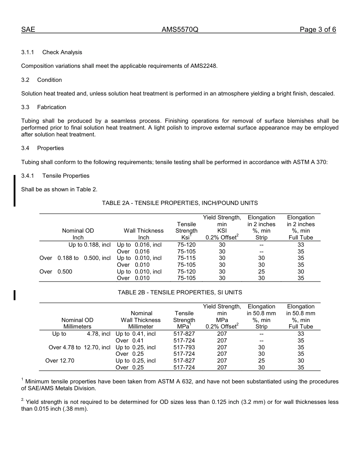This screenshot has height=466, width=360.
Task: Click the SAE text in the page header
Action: [x=28, y=30]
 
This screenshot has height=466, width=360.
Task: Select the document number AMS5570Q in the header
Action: [x=180, y=30]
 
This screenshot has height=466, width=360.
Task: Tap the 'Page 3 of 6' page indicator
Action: [x=318, y=30]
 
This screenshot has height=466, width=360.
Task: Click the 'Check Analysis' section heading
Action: [x=62, y=52]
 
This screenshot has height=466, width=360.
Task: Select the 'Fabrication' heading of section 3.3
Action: [x=52, y=107]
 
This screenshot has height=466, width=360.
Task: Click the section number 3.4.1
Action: [x=28, y=176]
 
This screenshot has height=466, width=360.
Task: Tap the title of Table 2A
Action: [x=180, y=203]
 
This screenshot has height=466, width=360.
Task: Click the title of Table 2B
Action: [x=180, y=292]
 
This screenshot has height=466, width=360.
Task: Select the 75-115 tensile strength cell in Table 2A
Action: [x=186, y=258]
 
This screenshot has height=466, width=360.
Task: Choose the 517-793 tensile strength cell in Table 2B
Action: [x=184, y=347]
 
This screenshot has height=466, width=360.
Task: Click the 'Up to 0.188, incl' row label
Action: [x=89, y=245]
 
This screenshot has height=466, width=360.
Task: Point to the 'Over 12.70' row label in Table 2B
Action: [x=60, y=361]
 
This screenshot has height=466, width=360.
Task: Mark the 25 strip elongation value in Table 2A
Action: [x=261, y=272]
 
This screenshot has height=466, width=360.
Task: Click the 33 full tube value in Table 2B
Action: [x=301, y=334]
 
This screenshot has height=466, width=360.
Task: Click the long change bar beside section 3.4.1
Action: [x=14, y=191]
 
